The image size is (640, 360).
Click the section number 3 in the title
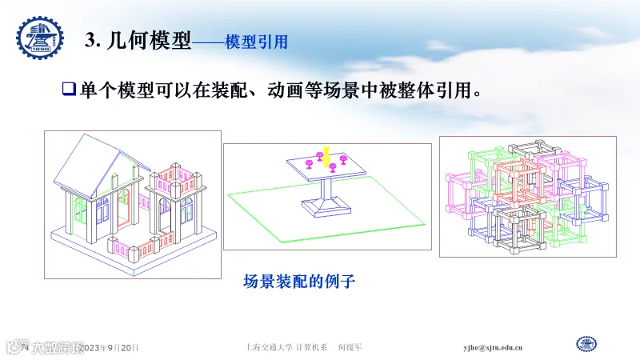tap(90, 42)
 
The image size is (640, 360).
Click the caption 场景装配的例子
tap(298, 281)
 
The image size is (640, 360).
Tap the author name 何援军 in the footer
tap(350, 348)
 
